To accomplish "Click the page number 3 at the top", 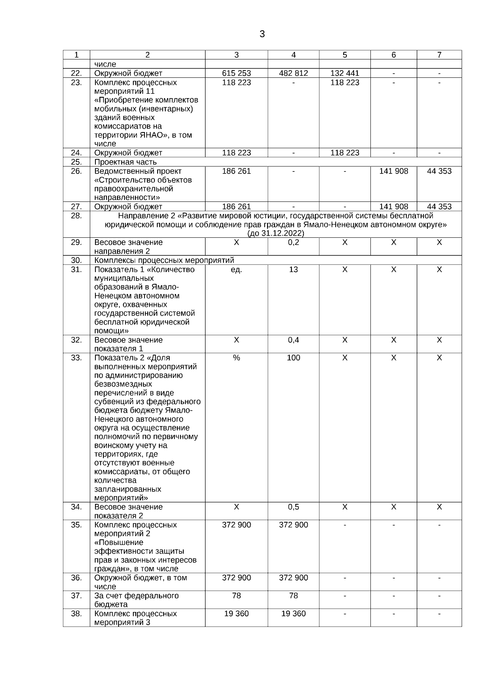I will [262, 34].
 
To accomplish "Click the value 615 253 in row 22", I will [236, 73].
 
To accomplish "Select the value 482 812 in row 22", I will [293, 73].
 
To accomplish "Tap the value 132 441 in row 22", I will [344, 73].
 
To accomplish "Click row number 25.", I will [76, 162].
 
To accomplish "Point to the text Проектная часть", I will [125, 162].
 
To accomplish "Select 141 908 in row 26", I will [394, 171].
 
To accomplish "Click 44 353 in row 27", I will [439, 207].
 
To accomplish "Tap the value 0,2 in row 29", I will [293, 243].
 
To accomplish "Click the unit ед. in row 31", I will [236, 270].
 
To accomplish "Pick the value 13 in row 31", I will [293, 270].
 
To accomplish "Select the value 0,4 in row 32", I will [293, 340].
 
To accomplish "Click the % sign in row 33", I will [236, 358].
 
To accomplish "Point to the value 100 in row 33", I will [293, 358].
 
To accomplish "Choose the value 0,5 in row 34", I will [293, 507].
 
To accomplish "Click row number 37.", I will [76, 596].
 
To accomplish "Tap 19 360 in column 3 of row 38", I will [236, 614].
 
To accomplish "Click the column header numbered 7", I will [439, 55].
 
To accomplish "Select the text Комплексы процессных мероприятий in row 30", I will [164, 261].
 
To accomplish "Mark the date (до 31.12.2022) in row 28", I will [275, 233].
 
